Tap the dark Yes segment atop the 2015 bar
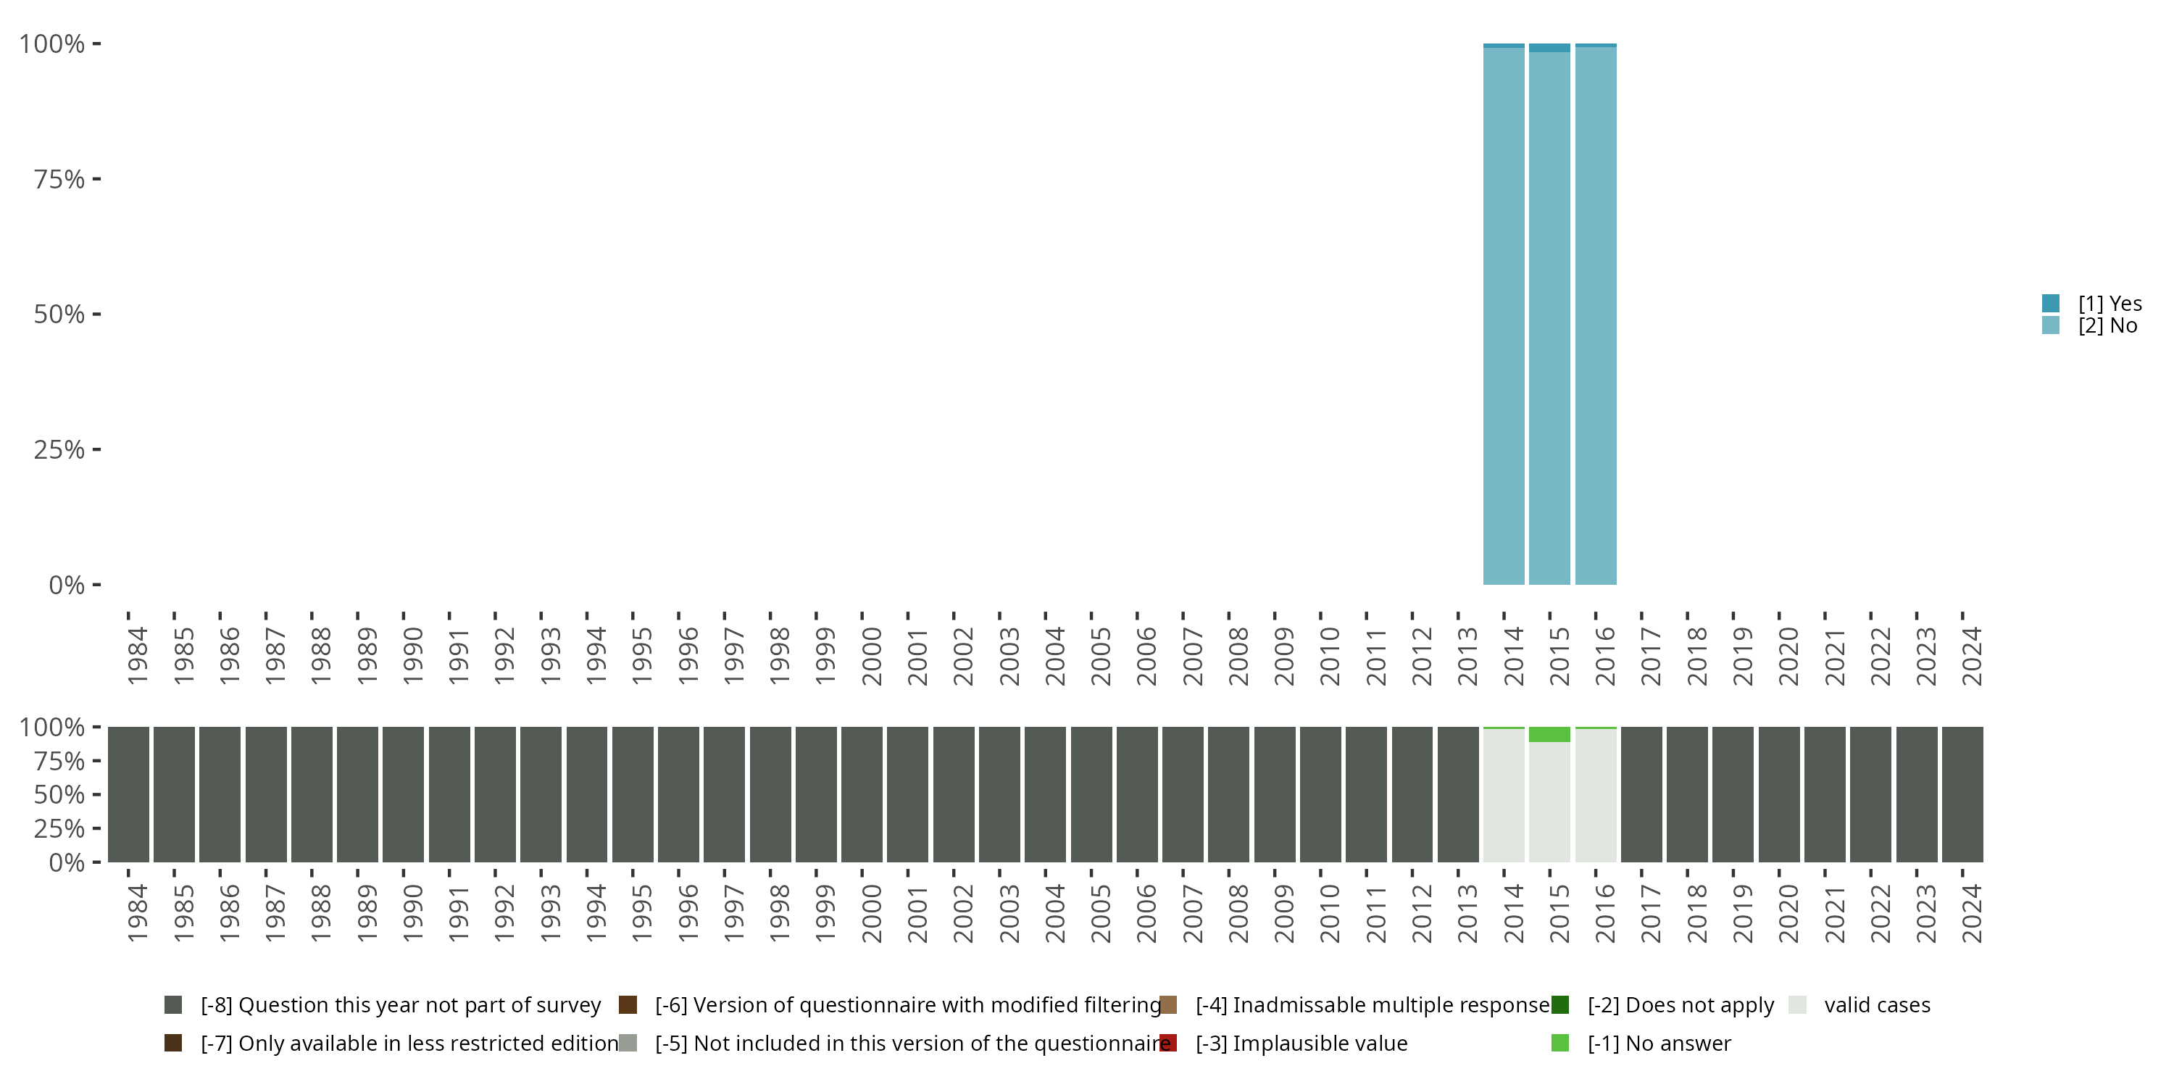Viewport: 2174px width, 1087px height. point(1549,48)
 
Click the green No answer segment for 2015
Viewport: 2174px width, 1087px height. point(1549,734)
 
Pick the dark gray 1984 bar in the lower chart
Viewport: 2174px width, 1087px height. point(128,794)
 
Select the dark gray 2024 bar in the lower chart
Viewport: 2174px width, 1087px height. point(1962,794)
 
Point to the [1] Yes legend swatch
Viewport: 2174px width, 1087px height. point(2051,303)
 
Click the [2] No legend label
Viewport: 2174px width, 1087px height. point(2107,326)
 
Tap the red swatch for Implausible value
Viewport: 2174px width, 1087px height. point(1168,1043)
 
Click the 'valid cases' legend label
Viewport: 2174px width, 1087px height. point(1877,1005)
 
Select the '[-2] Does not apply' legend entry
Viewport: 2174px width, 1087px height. point(1681,1005)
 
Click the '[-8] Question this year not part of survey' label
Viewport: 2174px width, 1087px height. point(400,1005)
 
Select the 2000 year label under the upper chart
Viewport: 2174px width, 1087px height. point(871,656)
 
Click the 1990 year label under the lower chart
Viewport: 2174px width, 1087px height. point(412,913)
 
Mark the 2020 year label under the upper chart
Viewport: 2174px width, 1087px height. point(1788,656)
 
